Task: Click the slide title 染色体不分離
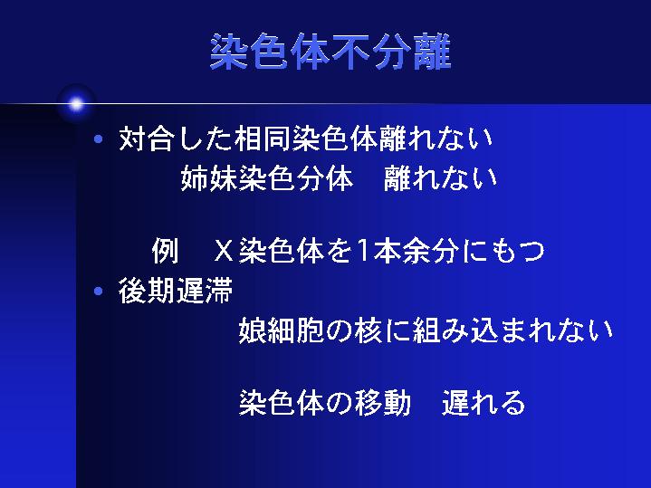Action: click(330, 53)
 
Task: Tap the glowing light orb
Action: click(76, 104)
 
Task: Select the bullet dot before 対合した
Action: click(99, 139)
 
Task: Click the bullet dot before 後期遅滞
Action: click(99, 292)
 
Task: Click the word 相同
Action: click(263, 139)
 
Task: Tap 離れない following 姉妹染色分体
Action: click(441, 178)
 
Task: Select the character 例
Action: click(166, 251)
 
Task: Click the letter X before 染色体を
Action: click(224, 251)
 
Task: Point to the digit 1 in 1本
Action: click(362, 251)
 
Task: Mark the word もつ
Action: click(519, 252)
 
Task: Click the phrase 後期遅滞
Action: click(176, 291)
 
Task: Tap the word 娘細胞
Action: click(282, 330)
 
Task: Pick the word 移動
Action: click(382, 403)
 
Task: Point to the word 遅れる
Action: click(483, 403)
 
